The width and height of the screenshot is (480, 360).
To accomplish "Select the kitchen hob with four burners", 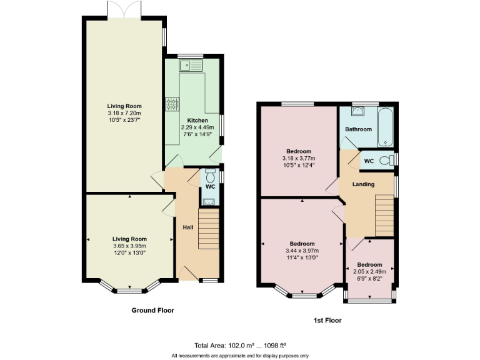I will (x=171, y=104).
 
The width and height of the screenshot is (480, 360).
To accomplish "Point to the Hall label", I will (x=187, y=227).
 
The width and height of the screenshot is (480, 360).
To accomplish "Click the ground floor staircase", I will (x=209, y=229).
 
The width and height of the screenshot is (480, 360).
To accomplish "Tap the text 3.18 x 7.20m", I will (x=124, y=113).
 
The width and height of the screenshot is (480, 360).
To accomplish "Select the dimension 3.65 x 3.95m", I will (x=129, y=246).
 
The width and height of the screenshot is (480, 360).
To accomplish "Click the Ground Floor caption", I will (x=152, y=310).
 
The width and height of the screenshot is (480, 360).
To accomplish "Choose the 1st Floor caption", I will (x=327, y=320).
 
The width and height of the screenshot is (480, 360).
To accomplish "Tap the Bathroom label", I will (x=358, y=129).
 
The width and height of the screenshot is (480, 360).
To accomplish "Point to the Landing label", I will (x=363, y=184).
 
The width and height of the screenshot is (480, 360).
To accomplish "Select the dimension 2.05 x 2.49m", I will (x=369, y=271).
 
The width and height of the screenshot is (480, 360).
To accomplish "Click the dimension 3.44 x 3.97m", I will (x=302, y=250).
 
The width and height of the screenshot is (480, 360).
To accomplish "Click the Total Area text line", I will (x=239, y=346).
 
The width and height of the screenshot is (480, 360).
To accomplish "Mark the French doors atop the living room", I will (x=124, y=9).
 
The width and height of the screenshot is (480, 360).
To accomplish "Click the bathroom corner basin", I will (x=356, y=112).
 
